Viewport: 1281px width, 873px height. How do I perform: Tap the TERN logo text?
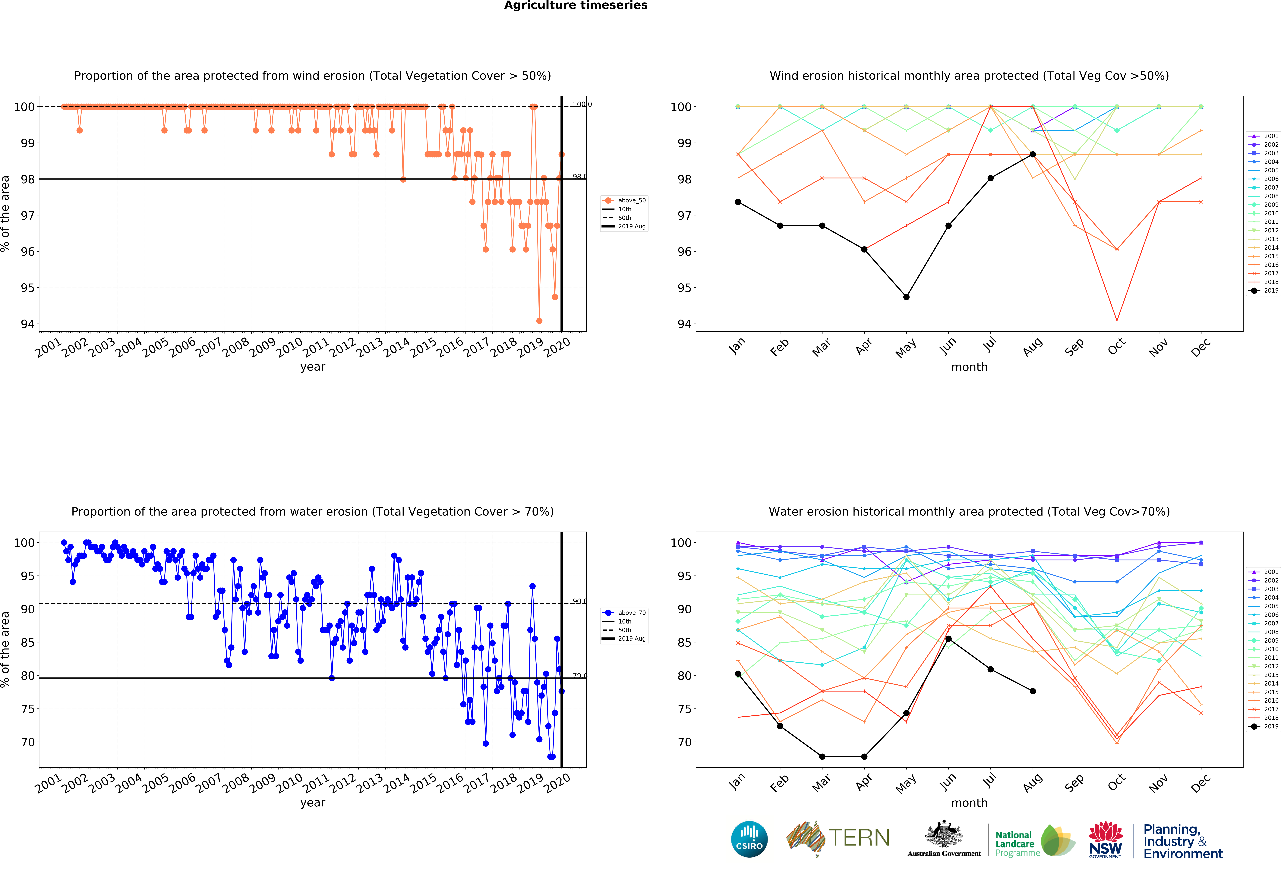859,838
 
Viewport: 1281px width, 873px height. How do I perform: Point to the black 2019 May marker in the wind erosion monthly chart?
906,297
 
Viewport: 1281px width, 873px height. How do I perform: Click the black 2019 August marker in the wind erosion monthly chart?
1032,154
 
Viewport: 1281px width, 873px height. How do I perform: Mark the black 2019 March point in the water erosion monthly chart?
822,757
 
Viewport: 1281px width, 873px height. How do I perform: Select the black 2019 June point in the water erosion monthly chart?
948,639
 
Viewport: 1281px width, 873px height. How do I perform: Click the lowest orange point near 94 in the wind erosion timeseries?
539,321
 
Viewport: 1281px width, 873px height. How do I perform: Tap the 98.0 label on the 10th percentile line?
580,176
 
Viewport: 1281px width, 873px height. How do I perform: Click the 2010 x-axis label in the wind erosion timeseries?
289,347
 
